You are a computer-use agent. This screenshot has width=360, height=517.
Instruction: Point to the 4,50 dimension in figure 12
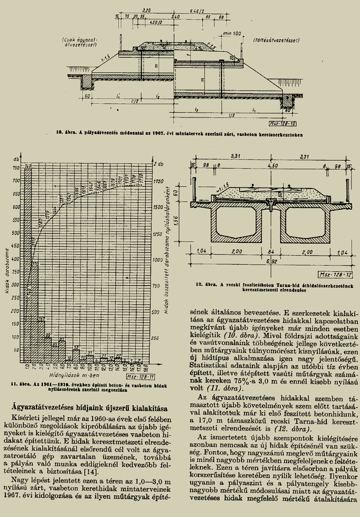(272, 166)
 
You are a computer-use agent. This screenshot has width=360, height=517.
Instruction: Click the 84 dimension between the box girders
(270, 251)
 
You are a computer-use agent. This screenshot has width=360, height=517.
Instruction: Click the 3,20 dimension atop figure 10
(146, 10)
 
